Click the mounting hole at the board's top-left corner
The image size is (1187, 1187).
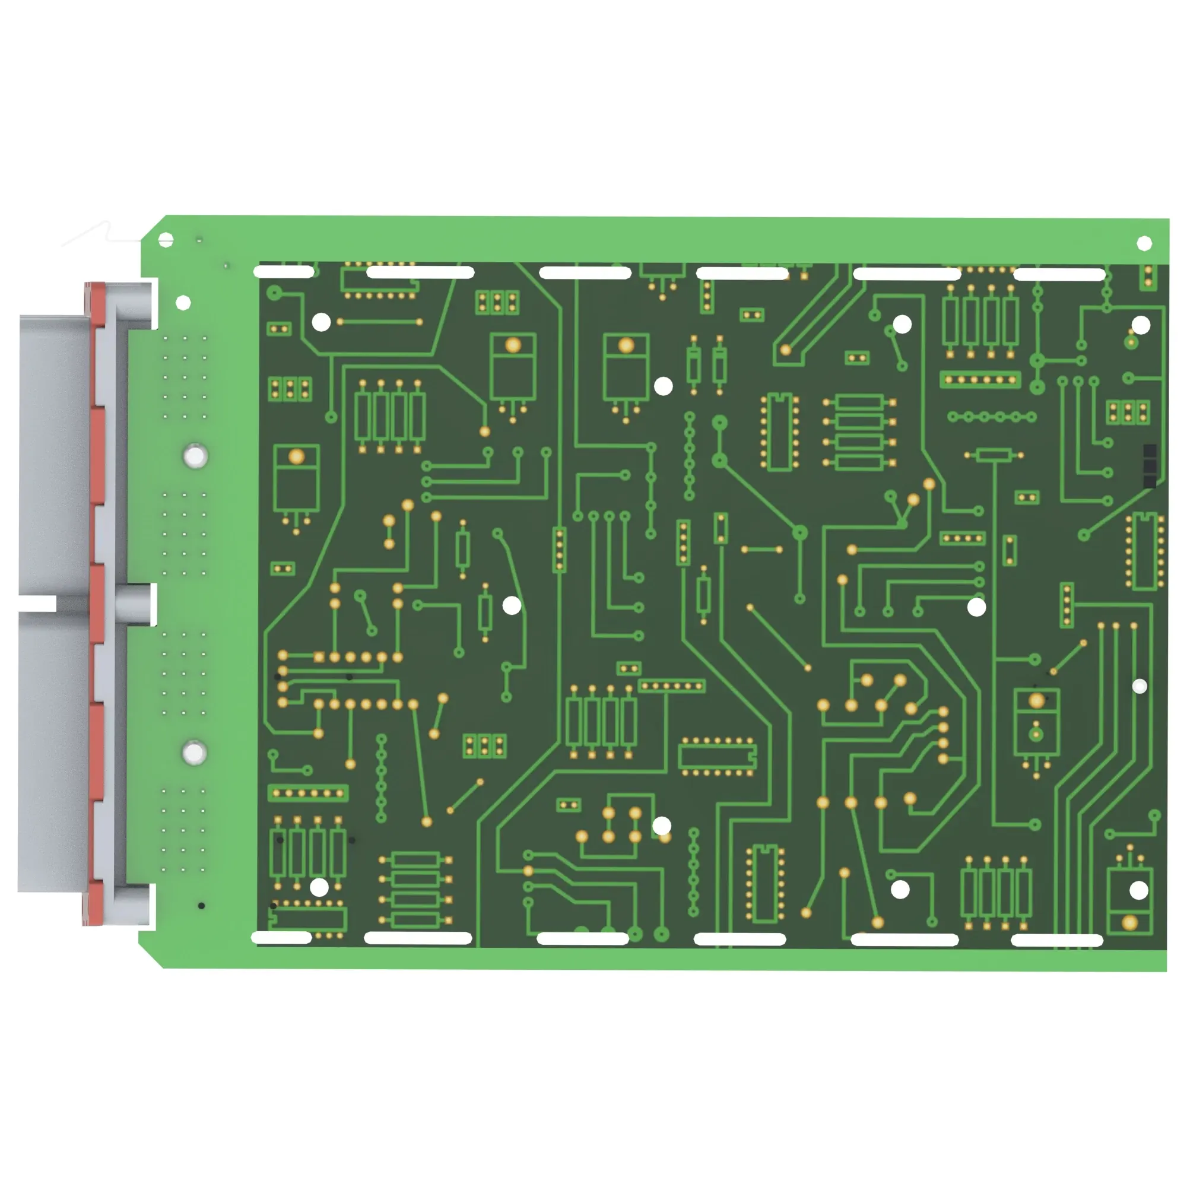[166, 240]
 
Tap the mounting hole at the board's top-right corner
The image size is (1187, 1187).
[1144, 243]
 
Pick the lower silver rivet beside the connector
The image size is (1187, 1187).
[194, 753]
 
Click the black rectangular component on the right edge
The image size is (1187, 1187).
[1150, 466]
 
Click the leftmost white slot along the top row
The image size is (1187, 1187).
[284, 271]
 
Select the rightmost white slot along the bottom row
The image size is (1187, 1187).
[1057, 940]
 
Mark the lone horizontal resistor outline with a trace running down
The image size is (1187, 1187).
[994, 455]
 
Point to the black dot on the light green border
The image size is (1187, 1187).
[202, 906]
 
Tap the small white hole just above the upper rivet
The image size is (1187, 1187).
[183, 303]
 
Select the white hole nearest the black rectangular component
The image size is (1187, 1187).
[1141, 326]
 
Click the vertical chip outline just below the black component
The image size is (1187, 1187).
[1145, 551]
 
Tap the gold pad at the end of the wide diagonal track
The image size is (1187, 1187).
[785, 350]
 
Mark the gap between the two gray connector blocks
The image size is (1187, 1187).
[37, 604]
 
